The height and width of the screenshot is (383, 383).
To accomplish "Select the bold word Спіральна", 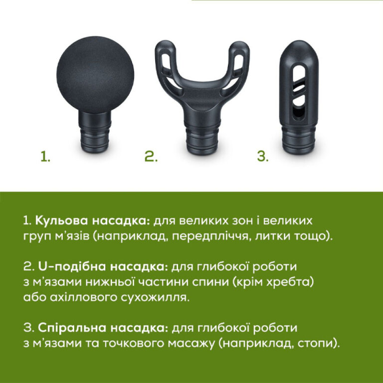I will [x=65, y=328].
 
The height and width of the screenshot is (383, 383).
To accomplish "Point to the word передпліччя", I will [x=208, y=236].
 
